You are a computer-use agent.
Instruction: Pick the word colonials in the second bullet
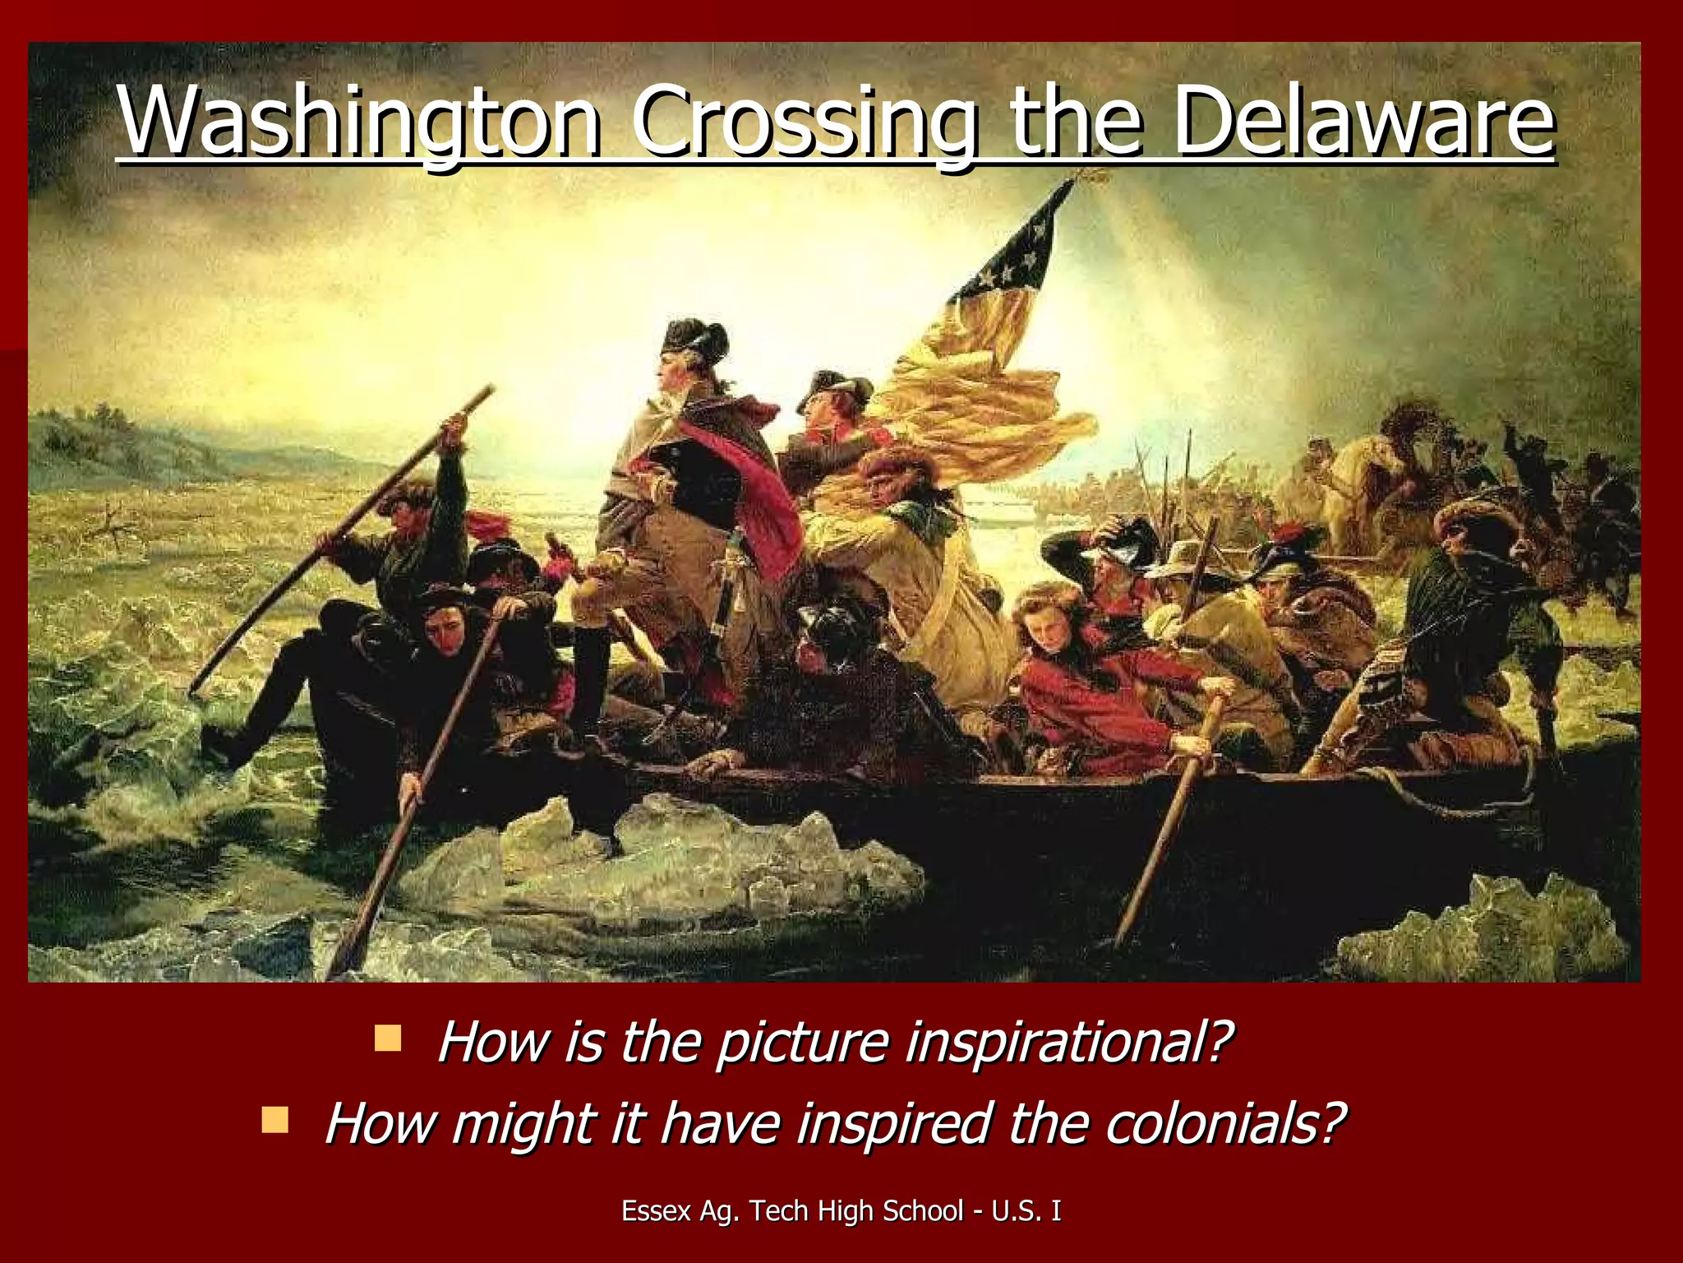point(1224,1123)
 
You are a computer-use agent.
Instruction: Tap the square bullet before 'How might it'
point(274,1119)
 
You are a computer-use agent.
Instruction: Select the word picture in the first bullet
point(802,1042)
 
